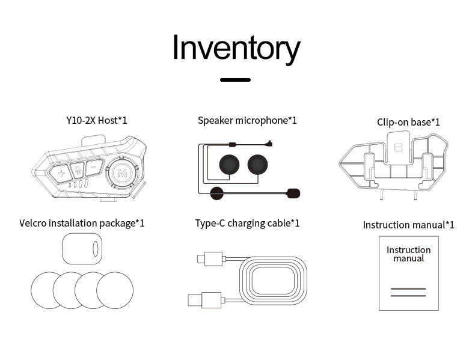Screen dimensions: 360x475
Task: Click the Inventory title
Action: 236,48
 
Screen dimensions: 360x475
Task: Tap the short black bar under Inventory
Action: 235,79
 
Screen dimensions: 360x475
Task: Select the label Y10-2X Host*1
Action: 97,120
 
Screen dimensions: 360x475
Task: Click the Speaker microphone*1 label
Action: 247,120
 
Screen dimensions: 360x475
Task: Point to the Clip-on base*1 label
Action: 408,122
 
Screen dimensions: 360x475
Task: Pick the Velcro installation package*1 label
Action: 82,223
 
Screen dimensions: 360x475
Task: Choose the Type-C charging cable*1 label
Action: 247,223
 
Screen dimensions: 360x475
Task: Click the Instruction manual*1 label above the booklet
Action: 408,225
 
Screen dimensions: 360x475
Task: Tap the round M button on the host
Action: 123,172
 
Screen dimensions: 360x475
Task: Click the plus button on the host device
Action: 61,174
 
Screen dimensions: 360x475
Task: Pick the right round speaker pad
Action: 258,163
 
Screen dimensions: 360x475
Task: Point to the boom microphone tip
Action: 293,193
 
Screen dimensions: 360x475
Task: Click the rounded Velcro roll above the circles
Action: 82,248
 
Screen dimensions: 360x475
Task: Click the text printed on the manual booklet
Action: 408,254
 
